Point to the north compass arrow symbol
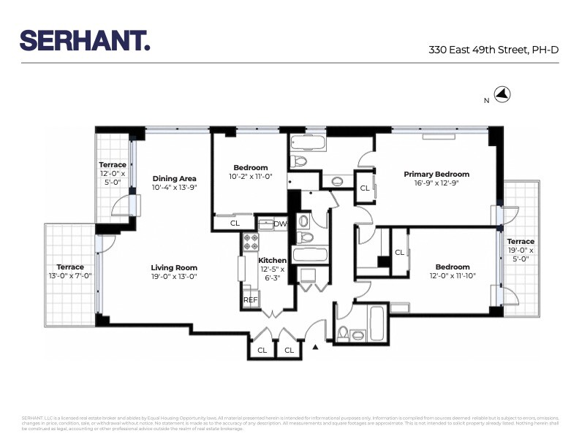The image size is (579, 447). click(x=503, y=94)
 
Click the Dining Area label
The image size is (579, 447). click(x=175, y=177)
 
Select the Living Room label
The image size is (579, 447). click(x=174, y=267)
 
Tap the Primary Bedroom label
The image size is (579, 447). click(x=436, y=174)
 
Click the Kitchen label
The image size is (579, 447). click(x=273, y=260)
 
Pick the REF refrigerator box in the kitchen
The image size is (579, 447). click(x=250, y=299)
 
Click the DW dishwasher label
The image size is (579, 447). click(x=280, y=223)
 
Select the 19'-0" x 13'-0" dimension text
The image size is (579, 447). click(x=174, y=278)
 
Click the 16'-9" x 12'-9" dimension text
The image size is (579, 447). click(x=436, y=183)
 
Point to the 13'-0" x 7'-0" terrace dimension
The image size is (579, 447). click(x=70, y=276)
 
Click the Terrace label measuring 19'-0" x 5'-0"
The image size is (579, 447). click(x=521, y=241)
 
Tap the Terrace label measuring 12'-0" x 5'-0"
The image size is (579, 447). click(x=113, y=165)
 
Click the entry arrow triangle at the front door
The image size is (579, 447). click(x=316, y=348)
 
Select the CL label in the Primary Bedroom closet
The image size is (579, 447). click(x=364, y=188)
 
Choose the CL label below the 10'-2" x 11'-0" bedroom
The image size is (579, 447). click(x=235, y=223)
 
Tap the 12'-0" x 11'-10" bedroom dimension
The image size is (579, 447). click(x=453, y=276)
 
